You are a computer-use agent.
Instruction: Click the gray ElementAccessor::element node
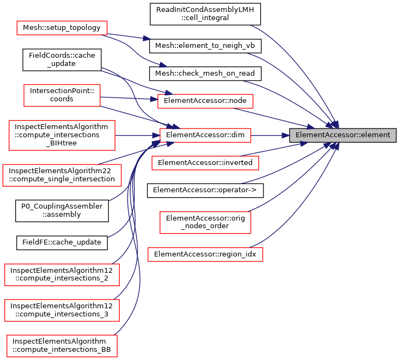click(x=342, y=135)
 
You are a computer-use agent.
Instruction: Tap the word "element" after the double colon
click(x=376, y=135)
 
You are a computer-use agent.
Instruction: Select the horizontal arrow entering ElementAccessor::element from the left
click(x=270, y=136)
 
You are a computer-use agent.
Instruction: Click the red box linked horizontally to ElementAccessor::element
click(x=205, y=135)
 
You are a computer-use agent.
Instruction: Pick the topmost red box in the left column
click(x=62, y=28)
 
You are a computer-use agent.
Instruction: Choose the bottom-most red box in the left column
click(x=62, y=346)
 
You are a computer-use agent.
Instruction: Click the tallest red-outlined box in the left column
click(x=62, y=135)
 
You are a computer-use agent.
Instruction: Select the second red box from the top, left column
click(x=62, y=95)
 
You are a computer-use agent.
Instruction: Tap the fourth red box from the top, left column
click(x=62, y=175)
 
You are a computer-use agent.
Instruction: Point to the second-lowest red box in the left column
click(x=62, y=310)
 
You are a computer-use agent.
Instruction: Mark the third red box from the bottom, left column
click(x=62, y=275)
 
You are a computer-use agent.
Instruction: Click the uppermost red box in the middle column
click(x=205, y=101)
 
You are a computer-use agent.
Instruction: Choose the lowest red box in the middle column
click(x=205, y=254)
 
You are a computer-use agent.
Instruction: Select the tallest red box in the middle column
click(x=205, y=223)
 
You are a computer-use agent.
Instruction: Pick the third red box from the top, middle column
click(x=205, y=163)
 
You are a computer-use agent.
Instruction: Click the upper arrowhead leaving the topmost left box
click(x=146, y=39)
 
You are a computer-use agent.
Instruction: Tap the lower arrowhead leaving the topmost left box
click(x=163, y=65)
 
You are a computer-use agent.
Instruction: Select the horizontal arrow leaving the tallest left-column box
click(x=136, y=135)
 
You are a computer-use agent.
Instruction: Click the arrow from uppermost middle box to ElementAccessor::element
click(x=272, y=118)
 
